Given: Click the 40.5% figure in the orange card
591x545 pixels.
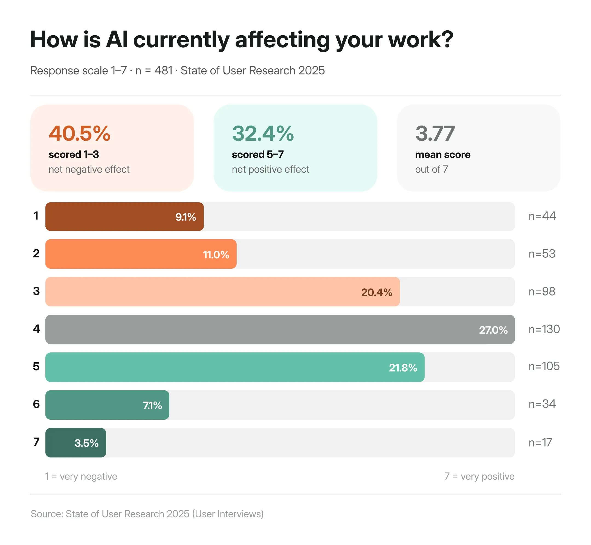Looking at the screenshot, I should pos(79,134).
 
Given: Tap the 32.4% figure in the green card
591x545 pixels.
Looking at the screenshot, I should pos(263,134).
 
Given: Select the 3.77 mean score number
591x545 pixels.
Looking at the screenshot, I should pos(435,134).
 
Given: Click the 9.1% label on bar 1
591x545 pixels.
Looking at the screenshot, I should pos(186,217).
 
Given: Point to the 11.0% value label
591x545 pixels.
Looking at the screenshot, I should pos(216,255).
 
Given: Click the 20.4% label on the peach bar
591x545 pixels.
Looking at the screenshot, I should pos(376,292).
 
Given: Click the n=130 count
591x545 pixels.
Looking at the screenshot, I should pos(544,329).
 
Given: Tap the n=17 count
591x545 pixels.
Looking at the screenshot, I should pos(540,443).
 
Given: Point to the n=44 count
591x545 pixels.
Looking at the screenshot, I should pos(542,216).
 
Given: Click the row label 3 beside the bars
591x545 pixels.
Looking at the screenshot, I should pos(36,291).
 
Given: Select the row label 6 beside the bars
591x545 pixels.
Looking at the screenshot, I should pos(36,404).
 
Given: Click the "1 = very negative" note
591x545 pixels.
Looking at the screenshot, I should pos(81,477).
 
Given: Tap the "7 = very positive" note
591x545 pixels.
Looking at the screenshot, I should pos(479,477).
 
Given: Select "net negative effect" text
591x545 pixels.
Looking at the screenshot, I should pos(89,170).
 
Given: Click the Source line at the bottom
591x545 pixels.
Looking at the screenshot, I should pos(147,514).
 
